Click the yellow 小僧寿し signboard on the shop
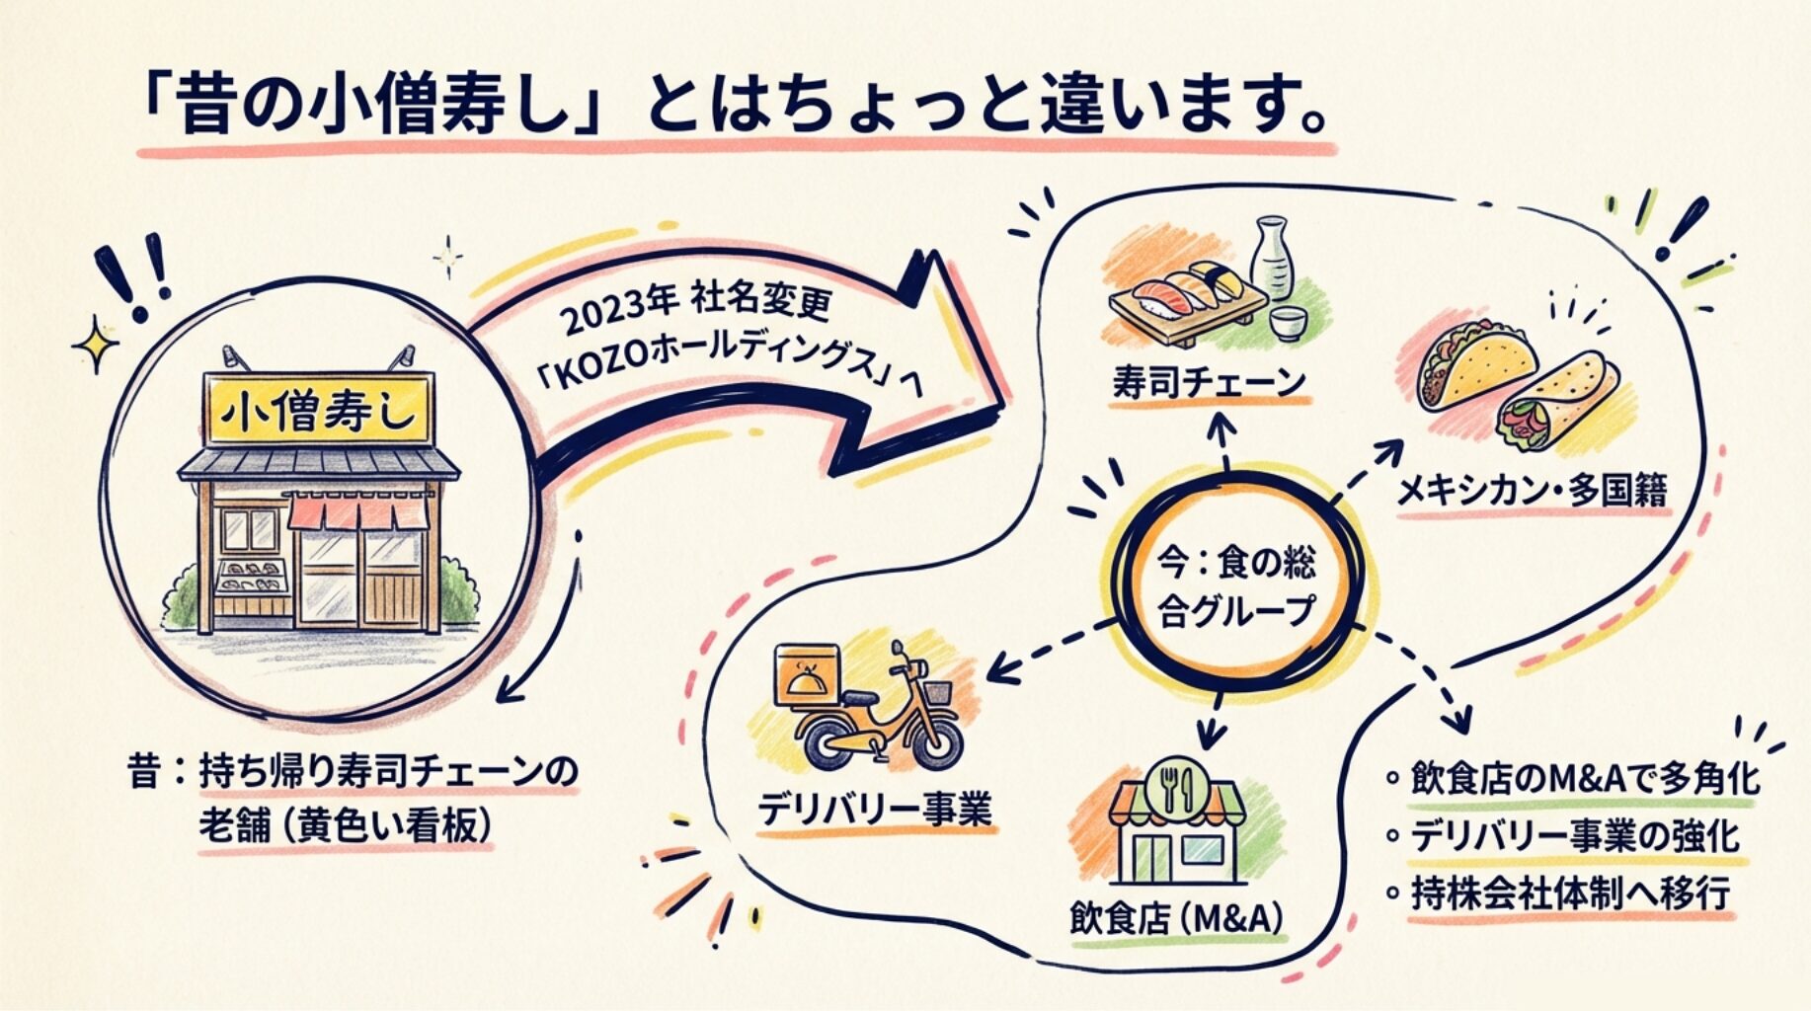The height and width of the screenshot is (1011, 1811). [x=318, y=411]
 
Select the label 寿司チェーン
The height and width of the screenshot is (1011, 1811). [x=1210, y=382]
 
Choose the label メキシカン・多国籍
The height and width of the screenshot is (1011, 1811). [x=1532, y=491]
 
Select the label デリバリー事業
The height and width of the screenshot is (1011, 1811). [x=874, y=811]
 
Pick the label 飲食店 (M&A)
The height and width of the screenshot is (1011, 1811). [x=1176, y=919]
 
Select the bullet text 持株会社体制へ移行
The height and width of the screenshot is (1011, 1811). [x=1570, y=894]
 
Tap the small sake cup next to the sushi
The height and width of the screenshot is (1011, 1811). [x=1285, y=323]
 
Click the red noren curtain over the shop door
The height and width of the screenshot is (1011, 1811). [x=357, y=513]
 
